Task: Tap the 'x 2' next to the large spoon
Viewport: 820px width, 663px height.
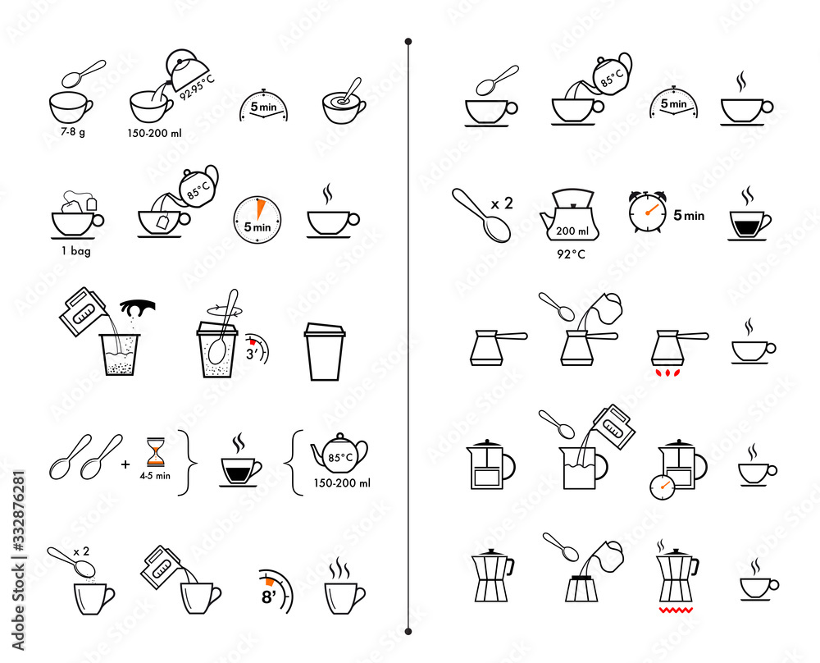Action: pyautogui.click(x=502, y=203)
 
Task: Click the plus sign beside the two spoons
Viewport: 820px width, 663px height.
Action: pyautogui.click(x=125, y=464)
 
